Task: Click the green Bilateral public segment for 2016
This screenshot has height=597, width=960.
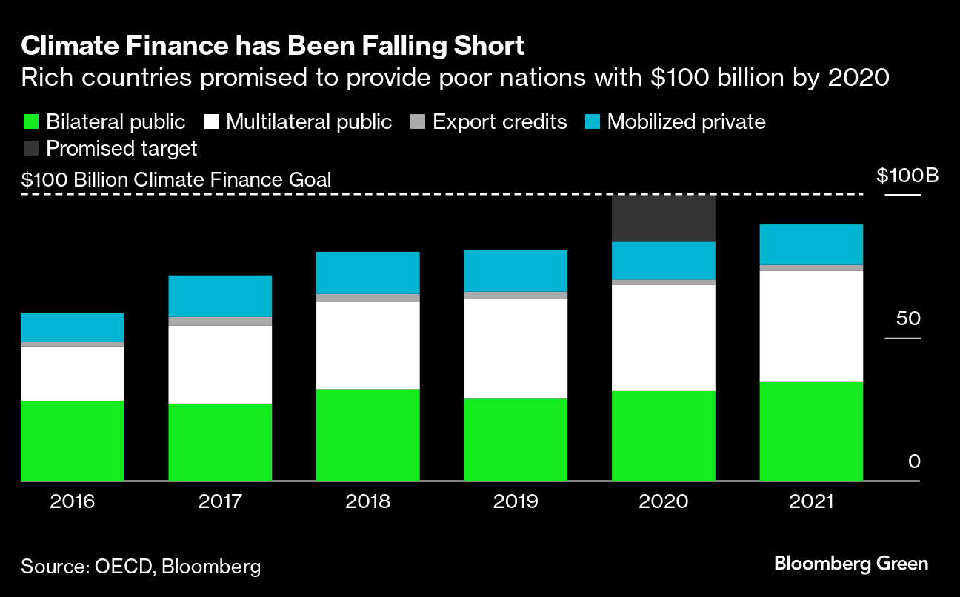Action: click(72, 441)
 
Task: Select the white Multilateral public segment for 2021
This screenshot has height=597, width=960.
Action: click(811, 326)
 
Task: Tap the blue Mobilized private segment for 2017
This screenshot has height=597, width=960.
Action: click(220, 296)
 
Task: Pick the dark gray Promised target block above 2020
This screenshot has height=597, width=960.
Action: click(663, 219)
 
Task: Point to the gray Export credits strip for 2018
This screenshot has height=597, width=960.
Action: click(367, 298)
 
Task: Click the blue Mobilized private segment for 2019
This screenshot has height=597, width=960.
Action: click(516, 270)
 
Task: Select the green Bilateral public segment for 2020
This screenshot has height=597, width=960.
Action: click(663, 436)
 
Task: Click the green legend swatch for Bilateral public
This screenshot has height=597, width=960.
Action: click(30, 122)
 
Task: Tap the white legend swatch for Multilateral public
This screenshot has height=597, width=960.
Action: click(210, 122)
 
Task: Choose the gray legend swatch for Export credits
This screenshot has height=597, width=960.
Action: click(417, 122)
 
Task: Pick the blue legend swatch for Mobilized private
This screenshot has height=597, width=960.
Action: click(592, 122)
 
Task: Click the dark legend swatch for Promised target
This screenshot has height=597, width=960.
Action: click(30, 148)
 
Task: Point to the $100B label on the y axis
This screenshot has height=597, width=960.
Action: click(907, 176)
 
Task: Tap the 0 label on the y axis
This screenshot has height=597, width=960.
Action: click(913, 462)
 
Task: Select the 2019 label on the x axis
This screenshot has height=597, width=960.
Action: click(516, 502)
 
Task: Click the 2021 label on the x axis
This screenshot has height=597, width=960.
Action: click(811, 502)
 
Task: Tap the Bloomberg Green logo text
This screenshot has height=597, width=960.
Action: click(851, 564)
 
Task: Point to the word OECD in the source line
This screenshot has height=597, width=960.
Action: click(122, 567)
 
